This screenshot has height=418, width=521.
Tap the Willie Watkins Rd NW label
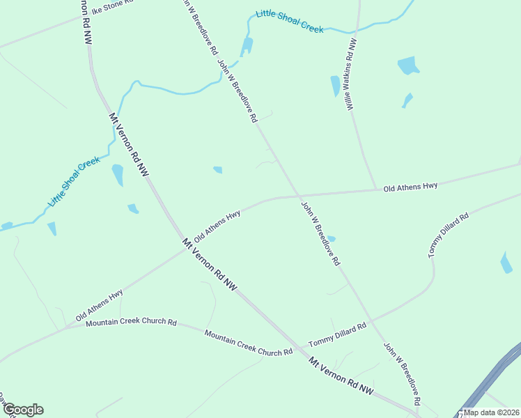(x=350, y=73)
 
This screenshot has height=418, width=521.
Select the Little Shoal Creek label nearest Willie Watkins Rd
(x=289, y=22)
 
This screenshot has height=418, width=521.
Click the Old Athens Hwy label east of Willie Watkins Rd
(x=410, y=186)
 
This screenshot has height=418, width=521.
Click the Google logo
(x=22, y=410)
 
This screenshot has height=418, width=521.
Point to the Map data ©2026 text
(x=492, y=412)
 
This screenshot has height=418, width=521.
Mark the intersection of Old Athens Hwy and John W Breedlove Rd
(x=297, y=196)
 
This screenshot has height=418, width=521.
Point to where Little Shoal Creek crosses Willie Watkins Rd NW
(x=357, y=30)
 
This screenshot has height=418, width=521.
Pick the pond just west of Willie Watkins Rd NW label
(x=335, y=86)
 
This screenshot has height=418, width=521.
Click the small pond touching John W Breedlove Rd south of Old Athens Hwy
(x=330, y=239)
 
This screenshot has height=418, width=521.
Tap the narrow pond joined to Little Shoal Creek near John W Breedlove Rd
(x=247, y=47)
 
